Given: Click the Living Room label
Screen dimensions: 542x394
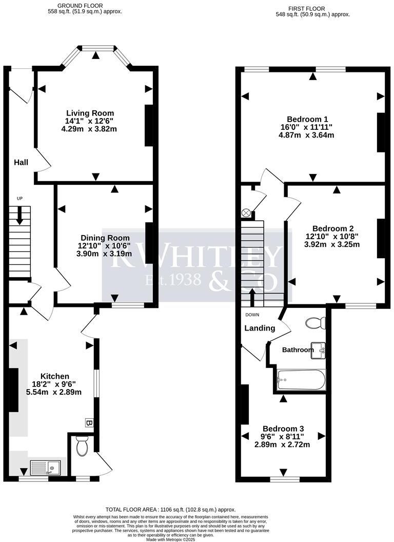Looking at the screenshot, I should click(x=90, y=113).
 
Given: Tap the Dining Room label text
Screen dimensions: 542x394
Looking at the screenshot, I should click(x=104, y=238).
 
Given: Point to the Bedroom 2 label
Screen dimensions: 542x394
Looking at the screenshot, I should click(x=332, y=228).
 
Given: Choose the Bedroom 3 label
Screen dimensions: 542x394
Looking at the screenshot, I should click(x=283, y=429).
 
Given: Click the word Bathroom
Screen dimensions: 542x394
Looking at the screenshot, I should click(x=298, y=350).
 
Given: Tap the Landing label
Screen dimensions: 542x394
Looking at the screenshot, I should click(x=260, y=328).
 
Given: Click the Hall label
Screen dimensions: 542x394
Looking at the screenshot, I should click(x=21, y=162).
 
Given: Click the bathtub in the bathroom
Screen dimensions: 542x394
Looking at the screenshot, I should click(x=301, y=380).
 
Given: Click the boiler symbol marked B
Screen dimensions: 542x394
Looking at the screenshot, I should click(x=88, y=423).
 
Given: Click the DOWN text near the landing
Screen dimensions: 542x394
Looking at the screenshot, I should click(x=252, y=315).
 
